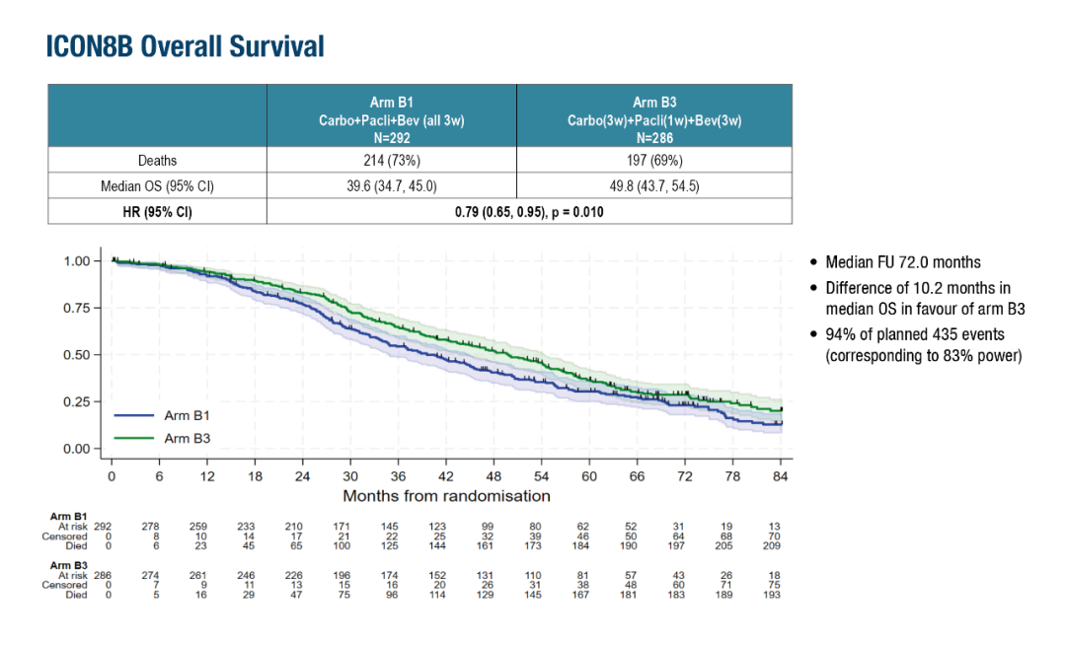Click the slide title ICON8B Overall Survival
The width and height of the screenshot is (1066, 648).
click(185, 46)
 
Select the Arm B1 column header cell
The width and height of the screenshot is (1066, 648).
click(391, 119)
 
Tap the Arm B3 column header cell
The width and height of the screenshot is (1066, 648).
click(653, 119)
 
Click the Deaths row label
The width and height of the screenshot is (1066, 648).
click(157, 161)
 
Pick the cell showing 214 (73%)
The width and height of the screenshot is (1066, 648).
click(391, 161)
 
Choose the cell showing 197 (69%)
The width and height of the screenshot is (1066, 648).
click(653, 161)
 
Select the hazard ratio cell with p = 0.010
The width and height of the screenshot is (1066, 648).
click(528, 211)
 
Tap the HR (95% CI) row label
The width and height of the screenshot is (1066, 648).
click(157, 211)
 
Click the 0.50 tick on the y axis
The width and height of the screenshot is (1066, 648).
click(82, 355)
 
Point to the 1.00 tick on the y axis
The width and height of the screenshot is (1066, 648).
click(82, 261)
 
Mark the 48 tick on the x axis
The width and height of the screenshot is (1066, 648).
click(494, 476)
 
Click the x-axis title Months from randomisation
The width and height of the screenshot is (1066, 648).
click(446, 495)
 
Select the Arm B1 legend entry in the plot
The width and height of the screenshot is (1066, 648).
click(187, 416)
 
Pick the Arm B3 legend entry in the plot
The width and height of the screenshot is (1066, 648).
click(187, 438)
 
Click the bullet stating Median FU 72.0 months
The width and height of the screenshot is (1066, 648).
click(903, 262)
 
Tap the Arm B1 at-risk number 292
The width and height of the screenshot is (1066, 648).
click(103, 526)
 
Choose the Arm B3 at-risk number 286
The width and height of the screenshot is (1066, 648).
click(103, 575)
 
